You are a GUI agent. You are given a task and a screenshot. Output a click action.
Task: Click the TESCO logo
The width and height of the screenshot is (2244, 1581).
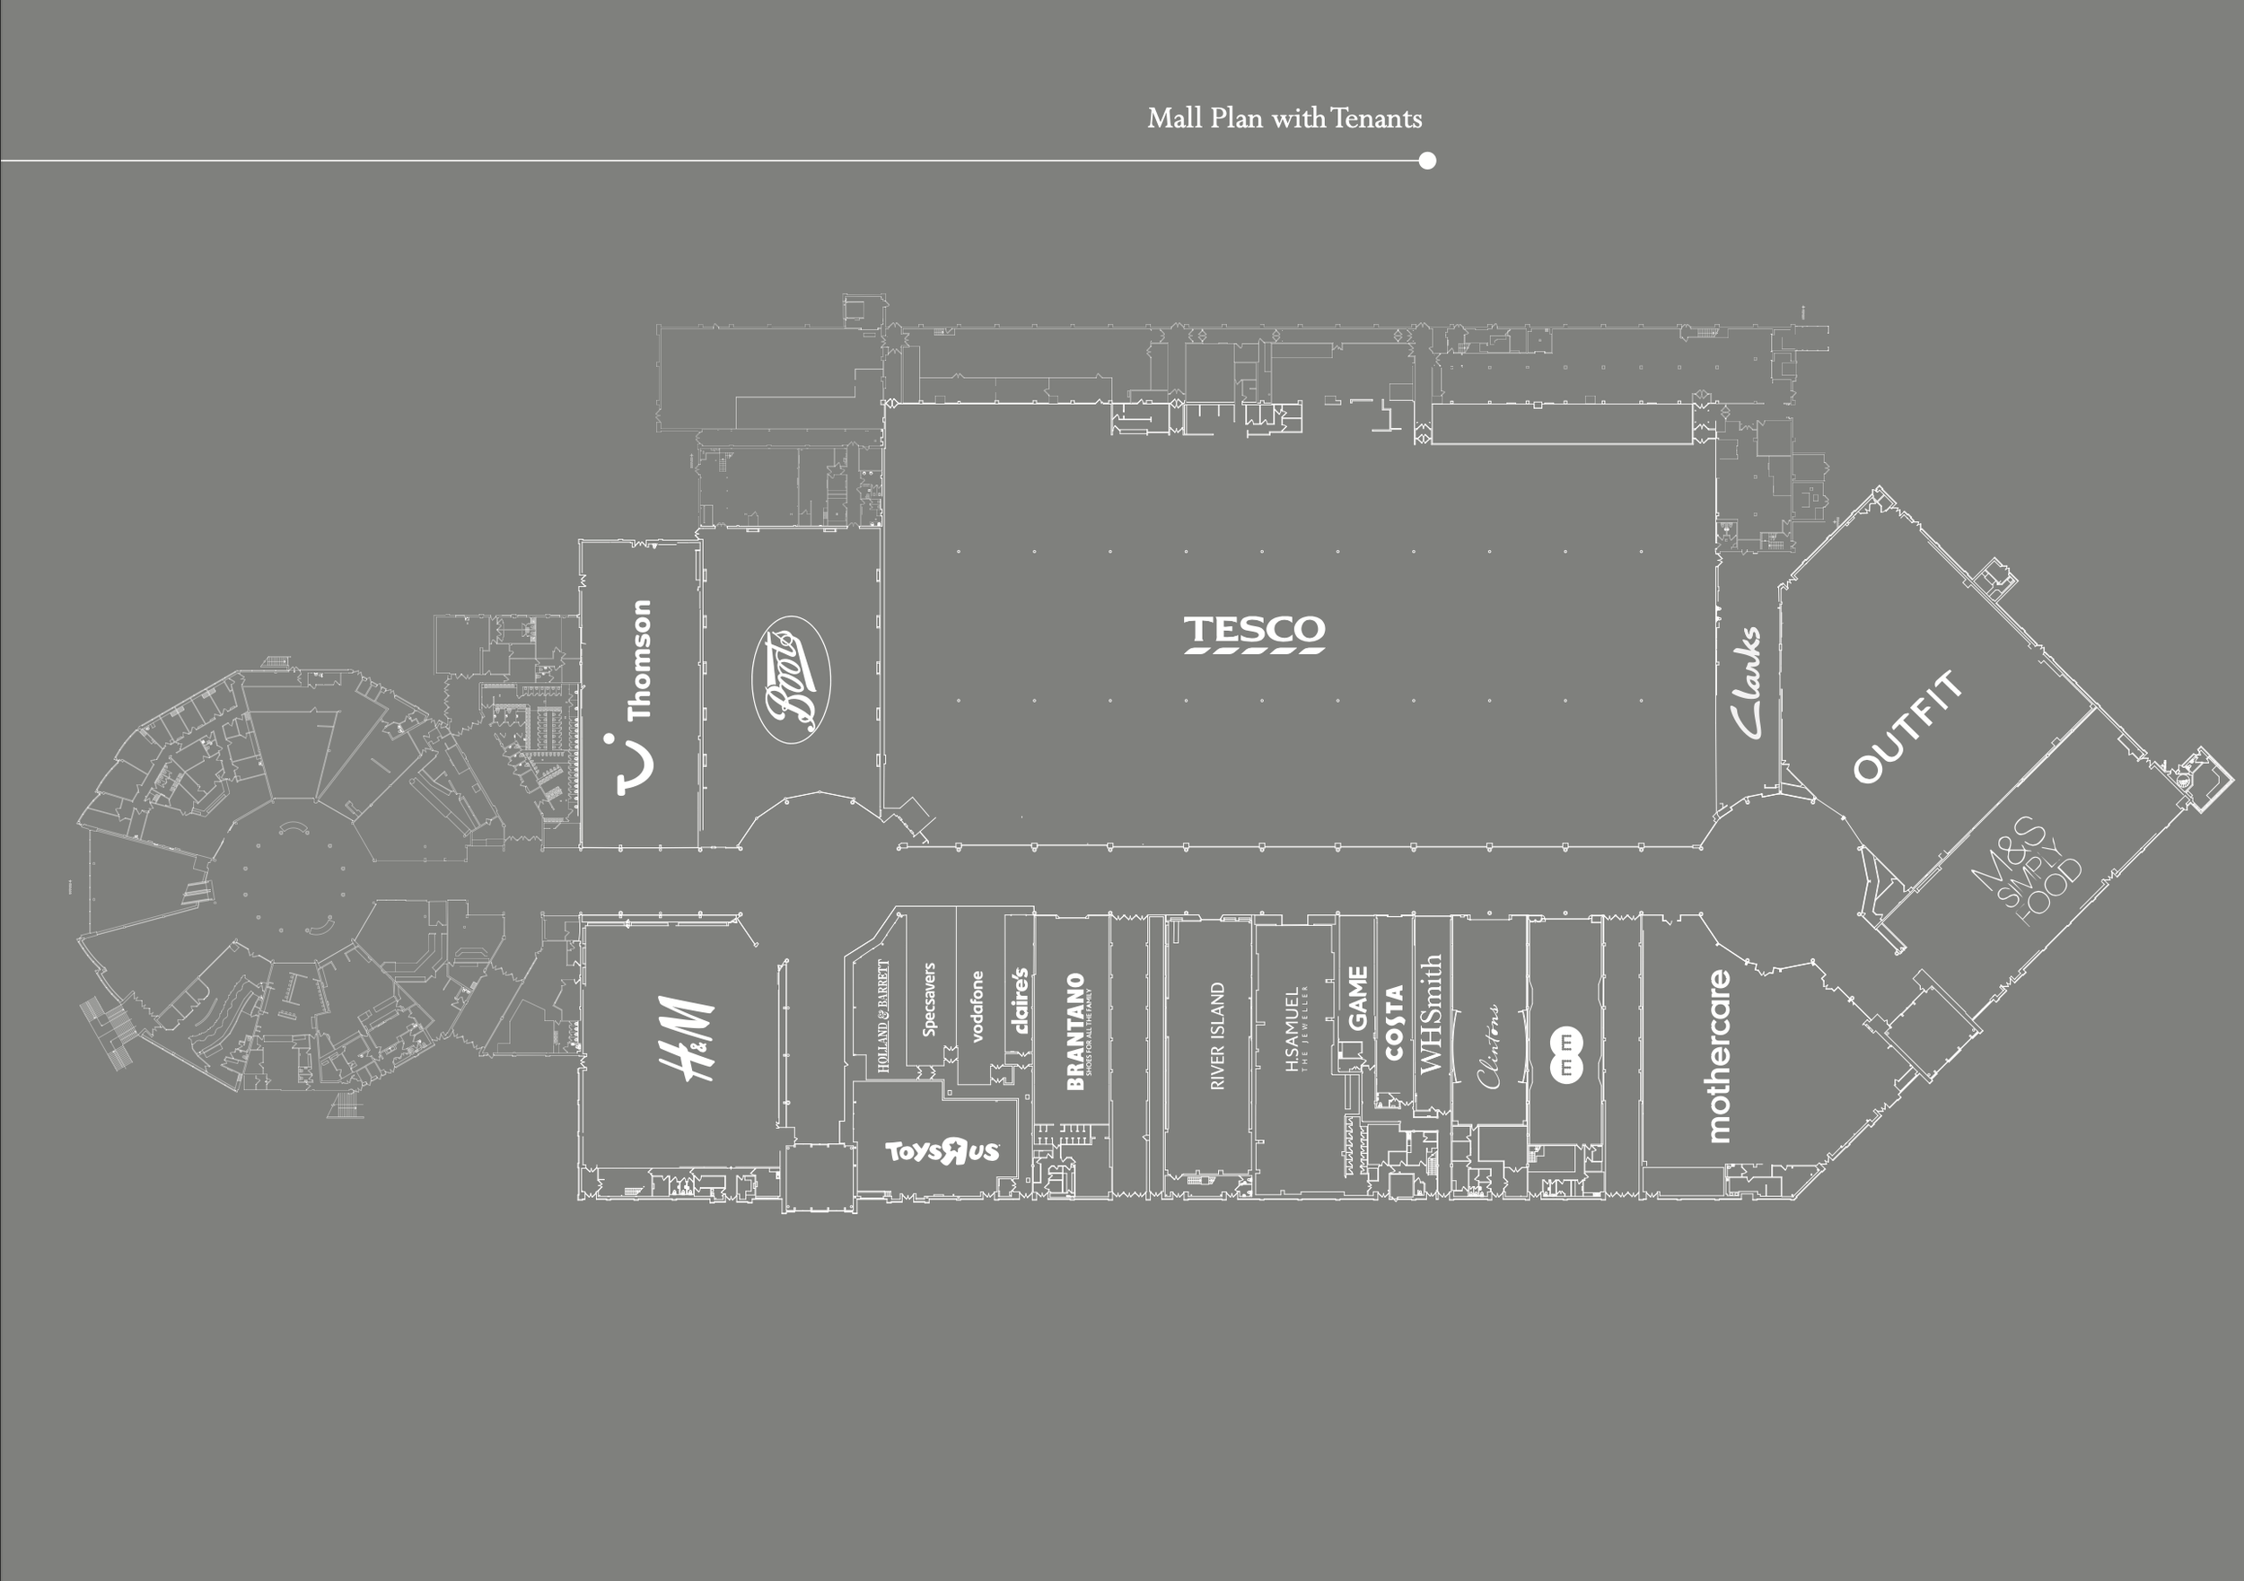(x=1254, y=633)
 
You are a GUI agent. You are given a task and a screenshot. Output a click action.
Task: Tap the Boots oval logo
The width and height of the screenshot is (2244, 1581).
(x=791, y=680)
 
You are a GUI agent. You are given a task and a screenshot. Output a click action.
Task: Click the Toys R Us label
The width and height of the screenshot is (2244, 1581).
(x=942, y=1152)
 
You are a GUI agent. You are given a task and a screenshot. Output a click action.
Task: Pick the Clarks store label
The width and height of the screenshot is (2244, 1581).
(x=1747, y=682)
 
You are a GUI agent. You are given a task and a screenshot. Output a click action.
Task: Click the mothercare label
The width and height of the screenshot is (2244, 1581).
(x=1719, y=1055)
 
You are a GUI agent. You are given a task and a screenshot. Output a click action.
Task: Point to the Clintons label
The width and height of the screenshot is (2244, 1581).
(x=1488, y=1046)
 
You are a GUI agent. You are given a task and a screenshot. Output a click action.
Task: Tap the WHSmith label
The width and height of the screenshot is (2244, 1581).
(x=1431, y=1013)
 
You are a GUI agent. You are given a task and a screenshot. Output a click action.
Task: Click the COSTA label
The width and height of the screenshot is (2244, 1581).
(x=1395, y=1022)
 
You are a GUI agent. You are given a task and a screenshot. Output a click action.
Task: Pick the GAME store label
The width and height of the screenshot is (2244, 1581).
(x=1357, y=998)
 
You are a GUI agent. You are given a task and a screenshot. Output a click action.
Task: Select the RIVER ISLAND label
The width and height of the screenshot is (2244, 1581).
(x=1217, y=1035)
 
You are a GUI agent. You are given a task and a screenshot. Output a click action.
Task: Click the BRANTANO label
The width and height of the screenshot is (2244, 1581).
(x=1076, y=1031)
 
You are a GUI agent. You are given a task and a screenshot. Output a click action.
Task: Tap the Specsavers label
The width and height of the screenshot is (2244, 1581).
(x=928, y=999)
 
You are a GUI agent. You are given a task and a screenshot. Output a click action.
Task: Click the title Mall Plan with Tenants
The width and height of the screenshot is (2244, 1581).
(x=1284, y=118)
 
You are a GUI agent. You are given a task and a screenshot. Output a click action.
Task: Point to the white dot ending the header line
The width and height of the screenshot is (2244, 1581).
(x=1427, y=161)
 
